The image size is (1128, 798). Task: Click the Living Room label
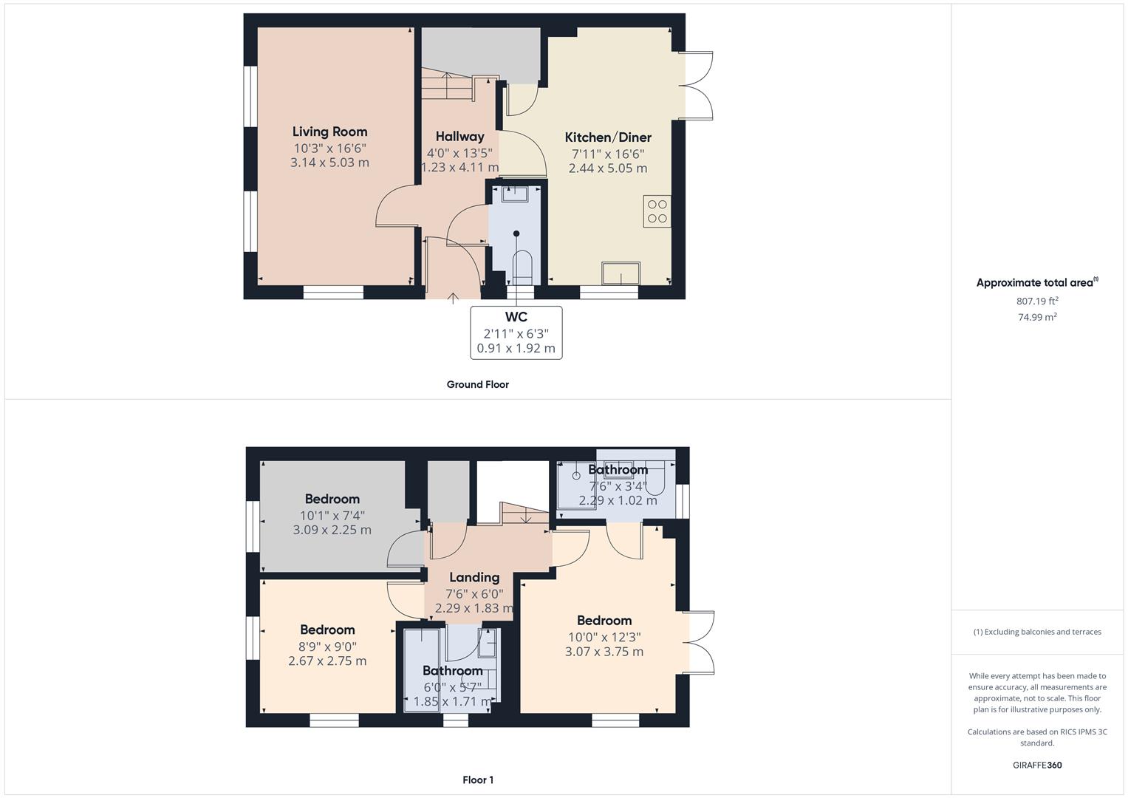point(329,132)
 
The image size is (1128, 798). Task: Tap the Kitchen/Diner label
point(608,137)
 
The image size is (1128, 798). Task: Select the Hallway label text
point(459,137)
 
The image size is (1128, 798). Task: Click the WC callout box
point(516,332)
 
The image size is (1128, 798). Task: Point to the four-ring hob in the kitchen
point(657,211)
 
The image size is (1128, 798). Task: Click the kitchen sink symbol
point(621,273)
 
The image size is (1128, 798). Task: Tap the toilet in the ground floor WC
point(522,267)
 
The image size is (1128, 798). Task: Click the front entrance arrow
point(453,299)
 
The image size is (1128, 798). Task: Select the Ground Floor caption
point(477,384)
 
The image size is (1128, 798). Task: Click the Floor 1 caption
point(477,780)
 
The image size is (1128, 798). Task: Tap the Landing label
point(474,578)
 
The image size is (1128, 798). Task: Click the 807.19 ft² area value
point(1037,301)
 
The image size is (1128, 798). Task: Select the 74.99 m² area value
point(1037,317)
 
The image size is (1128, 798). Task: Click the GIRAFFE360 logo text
point(1037,765)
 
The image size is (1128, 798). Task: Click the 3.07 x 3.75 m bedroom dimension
point(604,652)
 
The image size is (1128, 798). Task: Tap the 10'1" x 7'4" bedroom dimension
point(332,515)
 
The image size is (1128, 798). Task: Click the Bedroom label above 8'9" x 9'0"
point(327,630)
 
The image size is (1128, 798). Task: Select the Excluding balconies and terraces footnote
point(1037,632)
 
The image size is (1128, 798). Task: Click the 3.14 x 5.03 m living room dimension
point(329,163)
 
